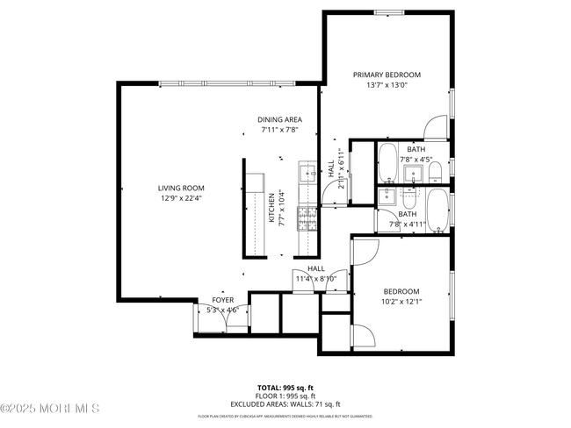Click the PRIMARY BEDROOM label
pos(387,75)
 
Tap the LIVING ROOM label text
pos(181,187)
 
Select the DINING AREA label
pos(280,119)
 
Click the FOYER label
pos(222,299)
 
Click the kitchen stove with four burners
pos(308,214)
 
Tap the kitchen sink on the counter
pos(307,170)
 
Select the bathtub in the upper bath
pos(387,163)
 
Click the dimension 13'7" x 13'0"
pos(387,86)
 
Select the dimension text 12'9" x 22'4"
pos(181,198)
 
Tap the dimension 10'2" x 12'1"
pos(401,303)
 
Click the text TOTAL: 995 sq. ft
pos(285,387)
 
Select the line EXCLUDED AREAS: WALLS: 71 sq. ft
pos(285,404)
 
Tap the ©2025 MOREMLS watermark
pos(51,409)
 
